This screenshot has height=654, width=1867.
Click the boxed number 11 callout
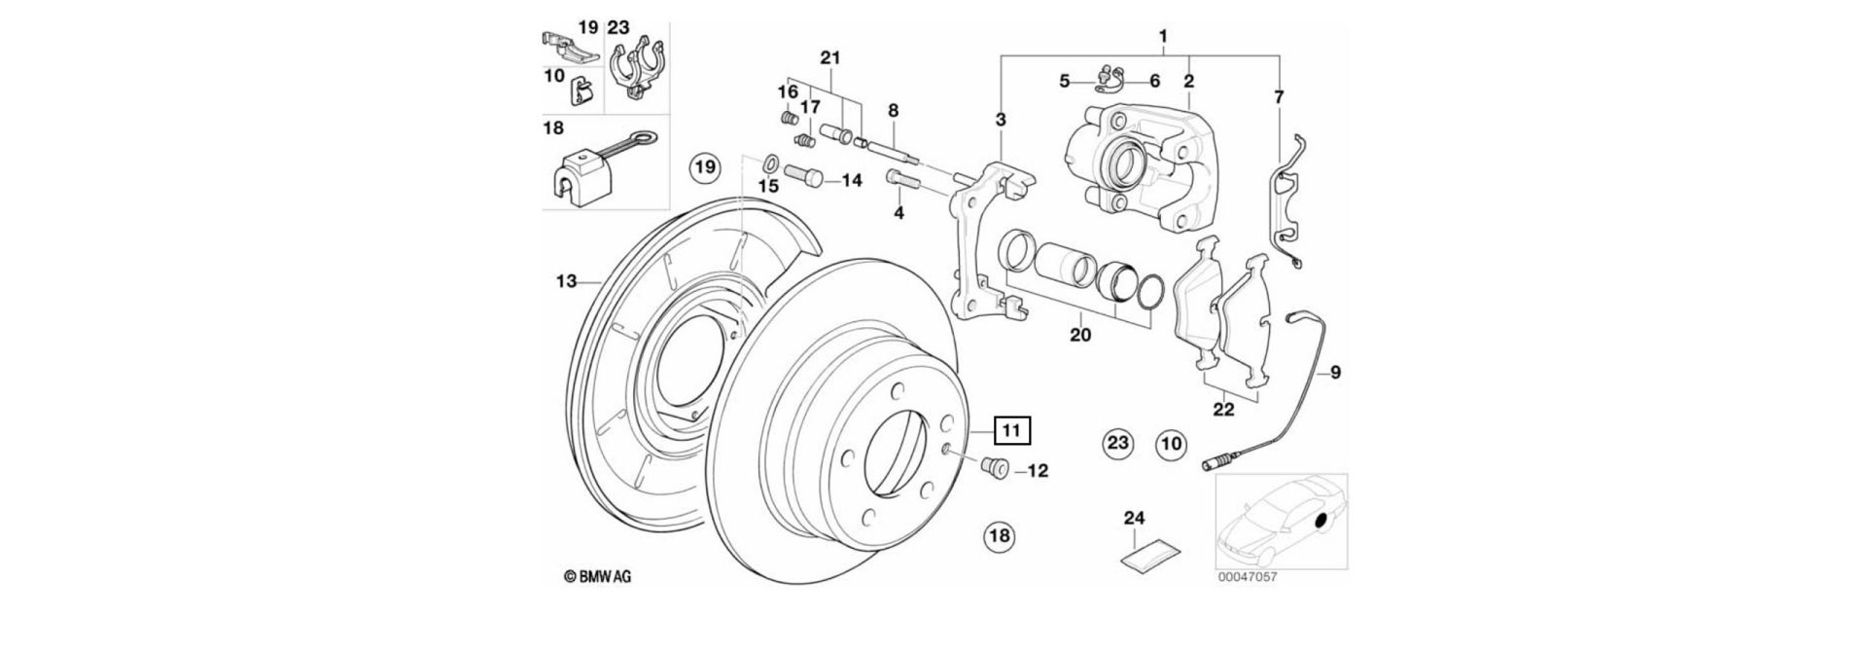coord(1011,429)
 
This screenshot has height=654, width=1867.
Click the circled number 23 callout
coord(1118,444)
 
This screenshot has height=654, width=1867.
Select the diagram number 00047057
coord(1248,576)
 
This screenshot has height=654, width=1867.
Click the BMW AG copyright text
coord(598,577)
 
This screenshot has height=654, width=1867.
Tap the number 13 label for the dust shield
coord(566,281)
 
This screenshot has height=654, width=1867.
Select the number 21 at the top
coord(828,58)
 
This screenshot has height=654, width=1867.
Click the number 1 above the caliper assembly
coord(1163,37)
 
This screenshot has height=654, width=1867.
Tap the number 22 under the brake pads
coord(1223,410)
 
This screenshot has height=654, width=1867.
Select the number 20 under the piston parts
coord(1080,336)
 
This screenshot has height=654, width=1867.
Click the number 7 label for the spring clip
coord(1278,96)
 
